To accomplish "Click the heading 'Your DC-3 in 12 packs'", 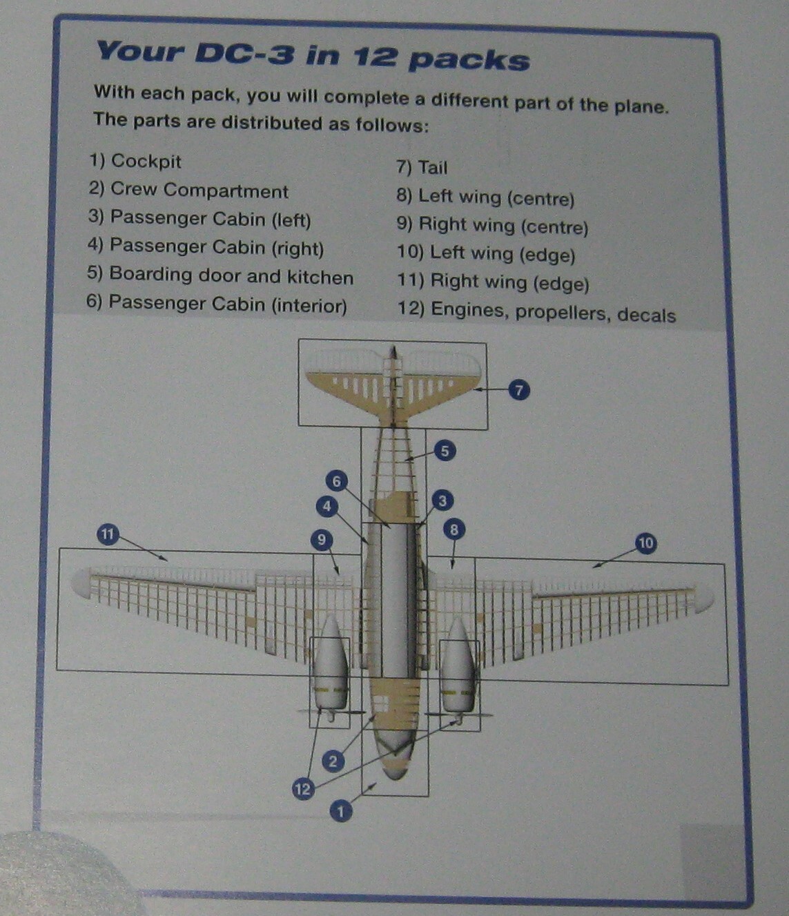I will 312,55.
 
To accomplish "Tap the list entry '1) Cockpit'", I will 135,162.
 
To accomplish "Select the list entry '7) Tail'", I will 422,168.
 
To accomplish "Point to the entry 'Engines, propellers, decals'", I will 552,313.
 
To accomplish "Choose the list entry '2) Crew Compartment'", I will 188,191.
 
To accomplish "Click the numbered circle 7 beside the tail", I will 519,390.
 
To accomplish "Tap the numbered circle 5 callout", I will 445,451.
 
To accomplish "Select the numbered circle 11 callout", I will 108,534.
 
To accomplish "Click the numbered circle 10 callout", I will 645,543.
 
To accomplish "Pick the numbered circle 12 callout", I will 303,788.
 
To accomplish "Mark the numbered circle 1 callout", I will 340,811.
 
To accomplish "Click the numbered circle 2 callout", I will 333,761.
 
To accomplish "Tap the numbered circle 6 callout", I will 336,481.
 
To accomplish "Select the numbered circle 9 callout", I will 322,540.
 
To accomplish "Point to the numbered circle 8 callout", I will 454,529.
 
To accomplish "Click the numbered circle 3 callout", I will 442,501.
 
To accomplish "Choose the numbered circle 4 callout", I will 327,507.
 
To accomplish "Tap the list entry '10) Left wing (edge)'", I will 486,254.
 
